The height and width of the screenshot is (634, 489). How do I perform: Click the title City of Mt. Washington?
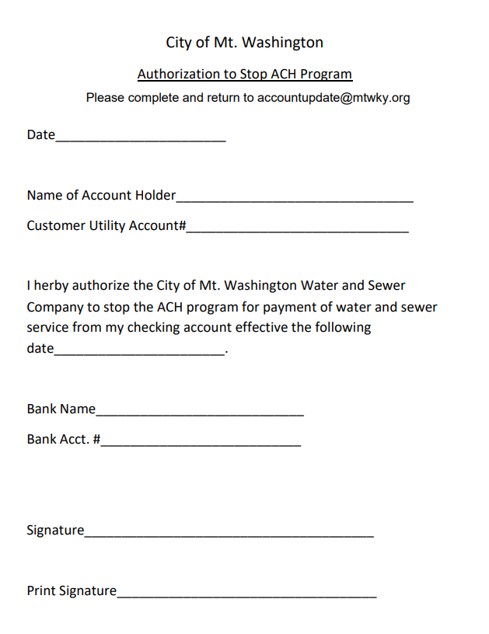coord(244,42)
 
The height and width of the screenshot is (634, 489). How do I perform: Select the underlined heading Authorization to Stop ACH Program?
coord(244,75)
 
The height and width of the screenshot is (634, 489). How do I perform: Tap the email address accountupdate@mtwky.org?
coord(334,98)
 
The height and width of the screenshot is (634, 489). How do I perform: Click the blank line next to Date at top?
coord(141,140)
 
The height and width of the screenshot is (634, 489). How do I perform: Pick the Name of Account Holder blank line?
coord(295,200)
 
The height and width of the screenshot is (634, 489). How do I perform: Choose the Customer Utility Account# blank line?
coord(297,231)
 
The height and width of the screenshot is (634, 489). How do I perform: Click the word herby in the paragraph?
coord(54,286)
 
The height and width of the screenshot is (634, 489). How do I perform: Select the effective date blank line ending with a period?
coord(140,353)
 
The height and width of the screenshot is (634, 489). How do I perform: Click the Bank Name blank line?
coord(200,414)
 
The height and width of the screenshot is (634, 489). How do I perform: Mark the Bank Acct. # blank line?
coord(201,444)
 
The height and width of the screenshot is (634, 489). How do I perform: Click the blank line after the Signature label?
coord(229,535)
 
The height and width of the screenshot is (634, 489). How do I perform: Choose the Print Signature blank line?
coord(246,596)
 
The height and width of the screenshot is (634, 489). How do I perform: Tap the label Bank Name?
coord(61,409)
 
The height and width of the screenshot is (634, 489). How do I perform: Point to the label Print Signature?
coord(72,591)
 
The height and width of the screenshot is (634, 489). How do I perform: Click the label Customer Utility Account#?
coord(106,226)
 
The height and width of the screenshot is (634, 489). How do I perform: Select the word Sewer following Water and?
coord(386,286)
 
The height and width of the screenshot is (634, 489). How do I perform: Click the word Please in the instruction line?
coord(105,98)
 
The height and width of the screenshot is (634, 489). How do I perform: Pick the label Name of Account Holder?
coord(101,196)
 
